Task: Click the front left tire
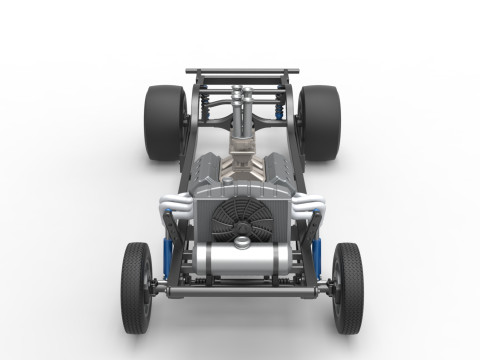click(136, 288)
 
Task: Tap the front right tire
click(347, 288)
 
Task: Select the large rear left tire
click(165, 122)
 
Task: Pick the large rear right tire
click(319, 122)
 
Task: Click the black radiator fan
click(241, 214)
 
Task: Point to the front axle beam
click(241, 292)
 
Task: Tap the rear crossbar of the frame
click(242, 72)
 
